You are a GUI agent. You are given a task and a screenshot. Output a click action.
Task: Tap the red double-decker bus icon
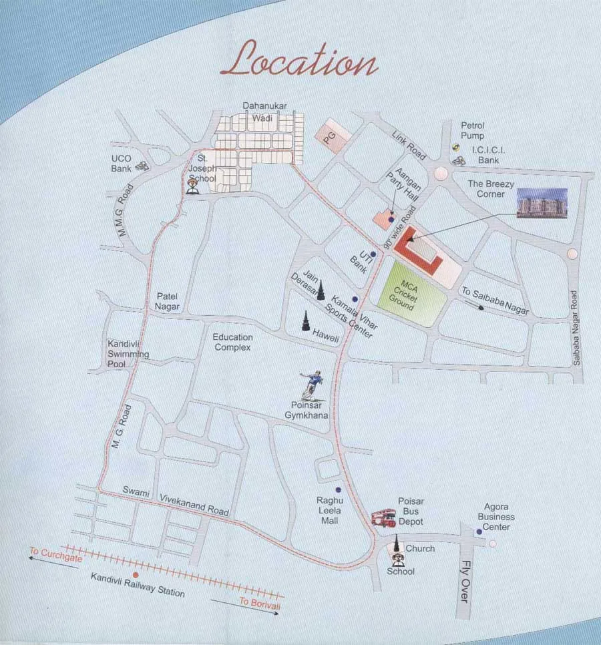[384, 517]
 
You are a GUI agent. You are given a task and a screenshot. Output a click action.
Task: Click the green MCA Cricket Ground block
[410, 294]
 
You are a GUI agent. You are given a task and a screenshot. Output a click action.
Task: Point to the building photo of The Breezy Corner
[542, 203]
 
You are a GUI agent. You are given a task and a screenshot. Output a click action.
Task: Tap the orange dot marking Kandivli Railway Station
[136, 574]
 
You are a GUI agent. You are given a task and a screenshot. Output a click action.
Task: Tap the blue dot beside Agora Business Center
[479, 531]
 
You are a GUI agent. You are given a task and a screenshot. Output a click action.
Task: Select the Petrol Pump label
[472, 131]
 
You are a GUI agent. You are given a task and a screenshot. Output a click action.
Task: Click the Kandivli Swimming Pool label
[128, 355]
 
